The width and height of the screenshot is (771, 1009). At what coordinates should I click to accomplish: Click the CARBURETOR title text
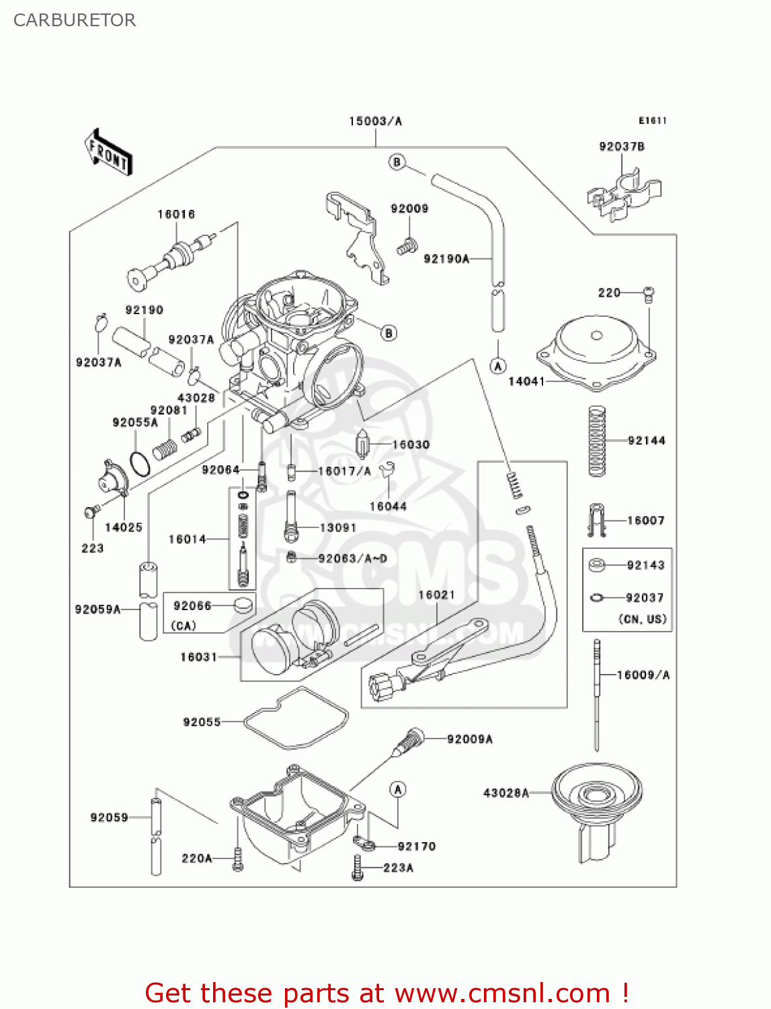(x=75, y=20)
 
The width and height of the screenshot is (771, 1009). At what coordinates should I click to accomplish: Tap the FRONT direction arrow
(x=108, y=153)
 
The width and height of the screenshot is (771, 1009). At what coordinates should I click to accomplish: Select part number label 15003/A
(x=375, y=121)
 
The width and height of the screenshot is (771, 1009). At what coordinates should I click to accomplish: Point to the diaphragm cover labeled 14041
(x=596, y=353)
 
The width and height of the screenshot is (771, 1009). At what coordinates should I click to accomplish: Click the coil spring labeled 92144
(x=596, y=441)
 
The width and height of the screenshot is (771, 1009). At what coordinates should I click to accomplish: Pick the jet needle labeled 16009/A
(x=596, y=693)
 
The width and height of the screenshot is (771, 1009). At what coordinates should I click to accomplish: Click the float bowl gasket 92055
(x=296, y=718)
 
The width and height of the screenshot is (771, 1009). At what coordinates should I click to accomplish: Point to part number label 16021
(x=436, y=595)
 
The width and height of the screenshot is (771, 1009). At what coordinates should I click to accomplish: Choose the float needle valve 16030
(x=363, y=444)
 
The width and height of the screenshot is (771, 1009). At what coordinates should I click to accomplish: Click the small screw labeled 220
(x=649, y=293)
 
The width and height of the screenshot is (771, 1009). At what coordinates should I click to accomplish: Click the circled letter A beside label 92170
(x=398, y=789)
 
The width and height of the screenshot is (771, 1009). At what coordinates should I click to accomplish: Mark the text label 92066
(x=192, y=605)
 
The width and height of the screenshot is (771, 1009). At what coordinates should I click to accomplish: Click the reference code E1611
(x=652, y=120)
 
